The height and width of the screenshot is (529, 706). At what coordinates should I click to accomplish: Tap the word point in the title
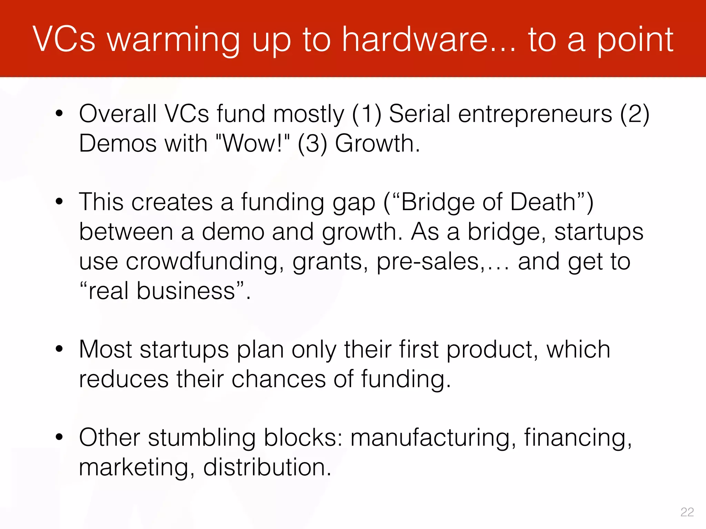[635, 41]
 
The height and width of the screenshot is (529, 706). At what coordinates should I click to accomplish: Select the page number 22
[687, 512]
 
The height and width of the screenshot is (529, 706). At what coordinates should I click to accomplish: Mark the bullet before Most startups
[59, 349]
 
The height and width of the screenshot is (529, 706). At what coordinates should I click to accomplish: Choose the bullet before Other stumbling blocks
[59, 437]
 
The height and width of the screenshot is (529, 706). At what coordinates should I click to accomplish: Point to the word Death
[543, 202]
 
